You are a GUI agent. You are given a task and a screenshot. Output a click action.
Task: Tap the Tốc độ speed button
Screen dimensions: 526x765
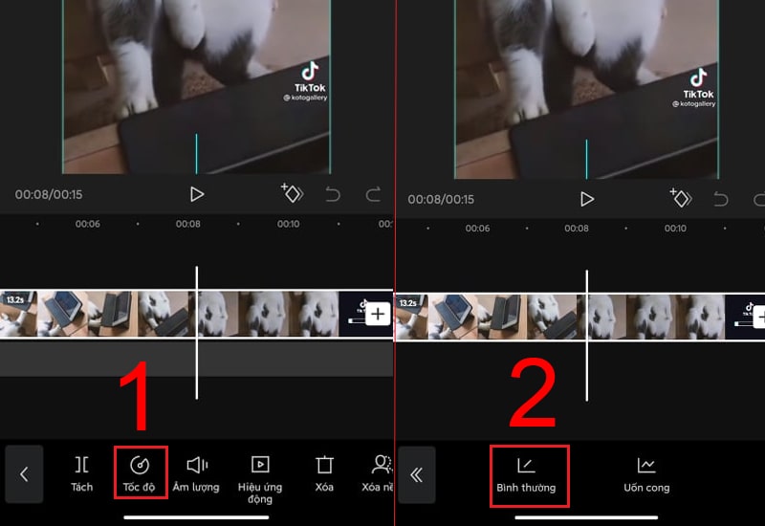click(140, 472)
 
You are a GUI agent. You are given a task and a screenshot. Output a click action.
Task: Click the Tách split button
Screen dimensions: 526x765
click(82, 472)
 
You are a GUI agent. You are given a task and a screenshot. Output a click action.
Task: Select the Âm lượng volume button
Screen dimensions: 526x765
click(196, 472)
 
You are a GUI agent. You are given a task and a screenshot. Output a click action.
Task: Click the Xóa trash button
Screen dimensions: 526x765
click(324, 472)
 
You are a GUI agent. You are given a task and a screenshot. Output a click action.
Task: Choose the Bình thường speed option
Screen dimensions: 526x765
click(526, 475)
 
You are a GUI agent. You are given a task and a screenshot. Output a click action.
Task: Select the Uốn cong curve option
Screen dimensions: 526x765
click(646, 474)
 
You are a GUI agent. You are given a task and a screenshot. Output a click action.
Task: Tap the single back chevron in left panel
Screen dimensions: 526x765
click(25, 473)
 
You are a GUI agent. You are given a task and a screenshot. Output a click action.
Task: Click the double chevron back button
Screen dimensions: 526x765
click(417, 474)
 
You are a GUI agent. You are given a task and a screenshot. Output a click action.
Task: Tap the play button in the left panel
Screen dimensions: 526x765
click(197, 194)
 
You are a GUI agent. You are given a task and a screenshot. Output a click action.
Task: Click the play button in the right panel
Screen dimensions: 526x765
click(587, 199)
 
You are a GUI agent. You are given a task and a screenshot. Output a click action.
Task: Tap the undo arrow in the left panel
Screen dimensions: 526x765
click(333, 194)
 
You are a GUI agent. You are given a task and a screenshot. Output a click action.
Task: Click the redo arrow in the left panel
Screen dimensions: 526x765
click(373, 194)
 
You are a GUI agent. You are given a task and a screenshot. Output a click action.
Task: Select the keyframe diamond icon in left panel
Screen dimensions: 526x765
click(292, 193)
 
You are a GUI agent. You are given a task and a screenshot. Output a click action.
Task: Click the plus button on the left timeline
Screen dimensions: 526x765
click(378, 314)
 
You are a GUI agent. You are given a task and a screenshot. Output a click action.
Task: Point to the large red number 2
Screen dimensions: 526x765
click(533, 393)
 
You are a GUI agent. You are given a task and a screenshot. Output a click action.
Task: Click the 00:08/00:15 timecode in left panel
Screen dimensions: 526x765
click(49, 195)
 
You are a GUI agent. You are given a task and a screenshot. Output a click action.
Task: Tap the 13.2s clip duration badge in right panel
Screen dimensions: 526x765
click(408, 303)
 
